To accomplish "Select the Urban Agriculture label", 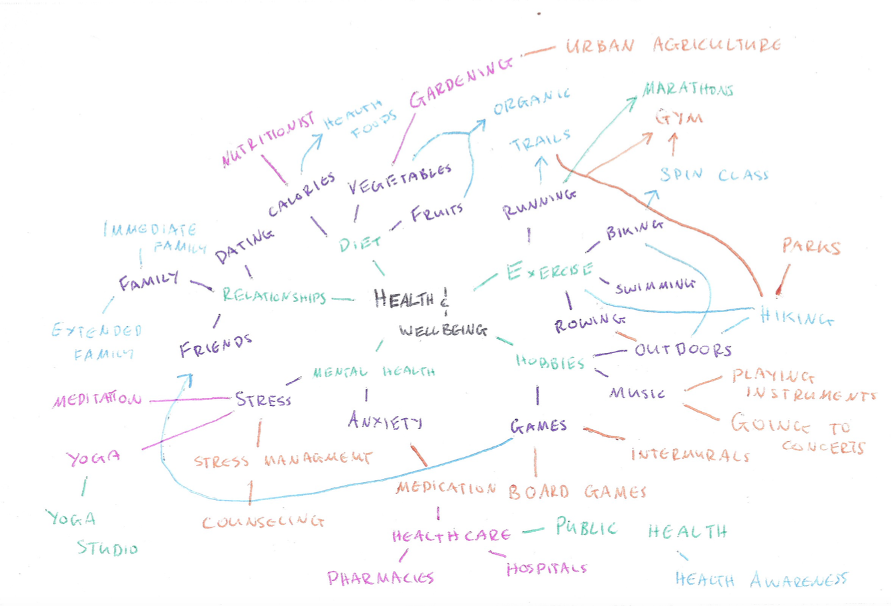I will tap(672, 45).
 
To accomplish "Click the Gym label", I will tap(678, 118).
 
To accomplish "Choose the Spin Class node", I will tap(713, 175).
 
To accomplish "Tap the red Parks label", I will tap(811, 247).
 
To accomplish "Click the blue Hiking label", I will tap(796, 317).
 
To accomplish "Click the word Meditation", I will tap(97, 400).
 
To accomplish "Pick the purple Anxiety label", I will tap(385, 421).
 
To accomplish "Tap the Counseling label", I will tap(263, 522).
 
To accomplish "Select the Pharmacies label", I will tap(380, 578).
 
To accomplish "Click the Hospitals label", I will tap(547, 569).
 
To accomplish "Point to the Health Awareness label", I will tap(760, 581).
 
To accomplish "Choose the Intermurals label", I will tap(690, 455).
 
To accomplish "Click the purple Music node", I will tap(637, 393).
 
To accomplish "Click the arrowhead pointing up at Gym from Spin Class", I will tap(673, 137).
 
